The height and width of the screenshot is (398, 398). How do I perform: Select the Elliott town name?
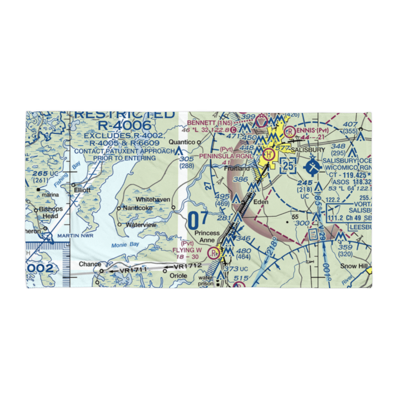point(82,190)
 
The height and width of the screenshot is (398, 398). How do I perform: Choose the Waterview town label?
point(141,225)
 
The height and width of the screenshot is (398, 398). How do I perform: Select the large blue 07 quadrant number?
point(198,221)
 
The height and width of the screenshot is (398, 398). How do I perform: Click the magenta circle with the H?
point(269,154)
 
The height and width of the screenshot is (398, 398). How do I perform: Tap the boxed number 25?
point(288,165)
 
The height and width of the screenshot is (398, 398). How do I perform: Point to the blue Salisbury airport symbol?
point(313,167)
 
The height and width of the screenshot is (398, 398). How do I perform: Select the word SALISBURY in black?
point(308,150)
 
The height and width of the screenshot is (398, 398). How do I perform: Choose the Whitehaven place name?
point(153,199)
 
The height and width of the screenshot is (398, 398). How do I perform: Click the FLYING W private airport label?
point(187,250)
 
